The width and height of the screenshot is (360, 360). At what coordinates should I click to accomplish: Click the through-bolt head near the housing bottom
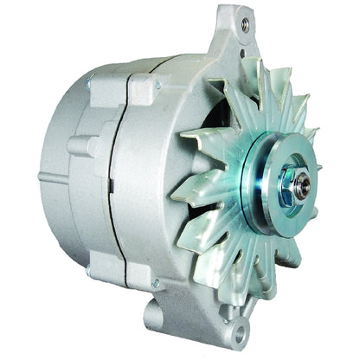156,283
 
